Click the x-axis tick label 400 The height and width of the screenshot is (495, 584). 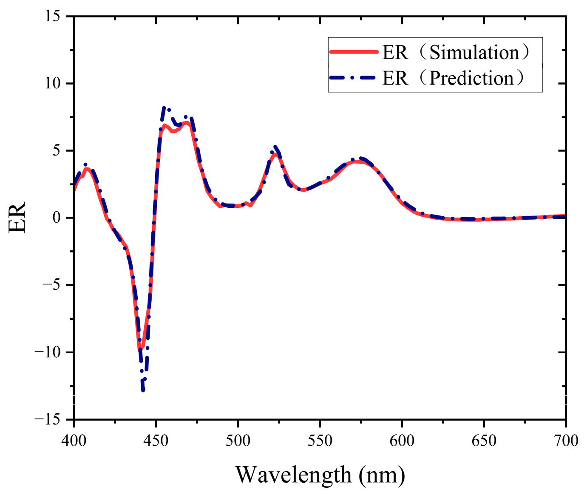74,441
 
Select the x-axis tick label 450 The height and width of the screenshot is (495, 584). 156,441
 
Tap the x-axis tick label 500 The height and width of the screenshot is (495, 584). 238,441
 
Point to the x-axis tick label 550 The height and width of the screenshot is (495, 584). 320,441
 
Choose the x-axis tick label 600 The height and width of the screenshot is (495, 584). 402,441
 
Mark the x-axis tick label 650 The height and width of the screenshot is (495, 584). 484,441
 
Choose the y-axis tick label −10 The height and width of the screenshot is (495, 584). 50,352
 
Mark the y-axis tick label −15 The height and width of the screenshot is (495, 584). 50,419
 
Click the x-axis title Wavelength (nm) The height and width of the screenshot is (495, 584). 320,474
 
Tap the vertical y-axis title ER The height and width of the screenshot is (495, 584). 17,218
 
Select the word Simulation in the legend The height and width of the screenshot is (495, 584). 474,52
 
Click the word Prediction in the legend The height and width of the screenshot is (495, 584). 471,78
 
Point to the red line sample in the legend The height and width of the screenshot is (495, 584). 354,52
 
